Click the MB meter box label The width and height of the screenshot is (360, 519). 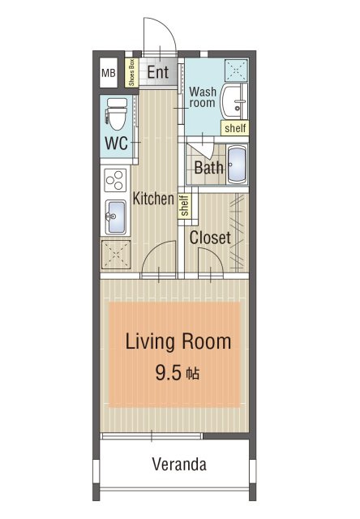click(x=109, y=73)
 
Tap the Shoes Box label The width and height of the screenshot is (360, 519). click(x=131, y=72)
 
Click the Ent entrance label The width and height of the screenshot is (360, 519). click(x=158, y=72)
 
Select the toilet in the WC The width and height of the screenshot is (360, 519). click(x=117, y=114)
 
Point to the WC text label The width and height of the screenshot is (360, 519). click(x=116, y=144)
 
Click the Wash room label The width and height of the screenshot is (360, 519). click(x=203, y=97)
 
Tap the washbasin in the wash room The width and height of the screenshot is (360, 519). click(x=234, y=101)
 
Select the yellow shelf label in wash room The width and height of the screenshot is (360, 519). click(x=235, y=128)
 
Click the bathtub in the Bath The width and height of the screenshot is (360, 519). click(x=238, y=165)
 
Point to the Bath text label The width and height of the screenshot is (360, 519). click(x=208, y=168)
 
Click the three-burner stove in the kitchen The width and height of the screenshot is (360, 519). click(x=115, y=180)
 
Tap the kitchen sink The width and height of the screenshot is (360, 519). click(x=115, y=217)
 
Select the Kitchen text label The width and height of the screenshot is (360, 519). click(x=153, y=199)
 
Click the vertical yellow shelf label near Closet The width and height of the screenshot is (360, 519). click(x=184, y=205)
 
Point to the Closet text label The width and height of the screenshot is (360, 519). click(x=210, y=238)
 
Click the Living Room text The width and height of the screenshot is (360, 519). click(x=178, y=341)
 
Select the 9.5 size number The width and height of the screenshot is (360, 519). click(x=169, y=373)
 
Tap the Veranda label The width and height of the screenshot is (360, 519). click(x=179, y=464)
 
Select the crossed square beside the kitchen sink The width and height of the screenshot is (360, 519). click(x=116, y=255)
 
